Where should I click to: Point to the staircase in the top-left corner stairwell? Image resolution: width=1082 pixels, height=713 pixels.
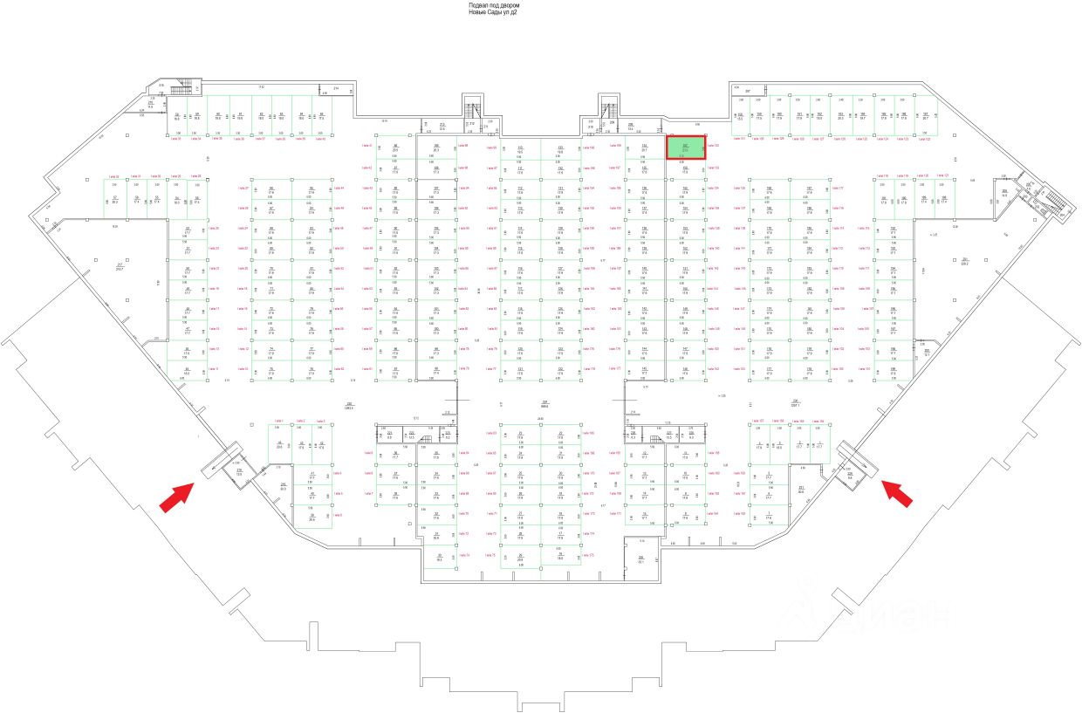185,87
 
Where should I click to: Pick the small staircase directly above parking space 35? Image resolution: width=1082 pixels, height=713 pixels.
428,439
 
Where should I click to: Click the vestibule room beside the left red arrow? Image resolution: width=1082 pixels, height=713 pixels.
237,472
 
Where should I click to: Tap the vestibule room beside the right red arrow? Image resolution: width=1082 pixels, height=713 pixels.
851,473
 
